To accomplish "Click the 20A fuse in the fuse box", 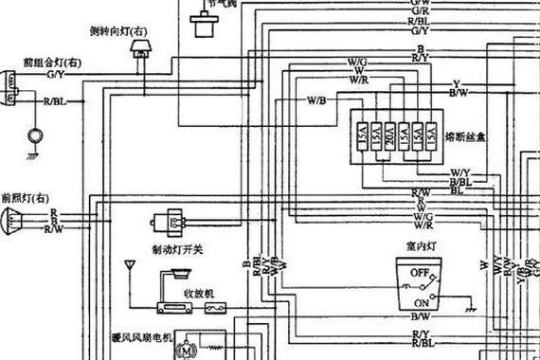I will pos(388,136).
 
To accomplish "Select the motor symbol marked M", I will pos(186,351).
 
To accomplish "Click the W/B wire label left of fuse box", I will pos(316,99).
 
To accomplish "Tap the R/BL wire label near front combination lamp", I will pos(54,100).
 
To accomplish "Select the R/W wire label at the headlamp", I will pos(55,228).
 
